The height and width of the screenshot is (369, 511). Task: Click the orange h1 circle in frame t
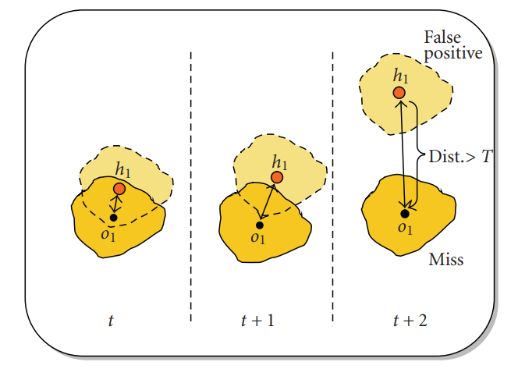(119, 189)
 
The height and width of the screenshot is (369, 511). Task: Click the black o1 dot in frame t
(113, 217)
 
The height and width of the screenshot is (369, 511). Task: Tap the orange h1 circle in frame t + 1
(276, 178)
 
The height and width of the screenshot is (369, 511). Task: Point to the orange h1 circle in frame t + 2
(399, 94)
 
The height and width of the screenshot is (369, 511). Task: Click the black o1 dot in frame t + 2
(404, 213)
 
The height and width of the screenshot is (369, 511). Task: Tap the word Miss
(446, 259)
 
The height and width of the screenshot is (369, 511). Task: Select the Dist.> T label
(460, 155)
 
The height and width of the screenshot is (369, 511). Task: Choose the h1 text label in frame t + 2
(401, 76)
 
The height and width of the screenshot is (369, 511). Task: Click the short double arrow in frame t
(116, 204)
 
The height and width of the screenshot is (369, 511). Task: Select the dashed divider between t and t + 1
(191, 187)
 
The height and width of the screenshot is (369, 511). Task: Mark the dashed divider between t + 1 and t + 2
(333, 187)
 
